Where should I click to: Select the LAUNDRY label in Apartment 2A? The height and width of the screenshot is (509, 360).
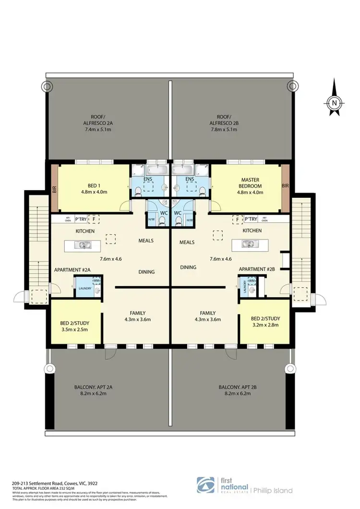tap(84, 289)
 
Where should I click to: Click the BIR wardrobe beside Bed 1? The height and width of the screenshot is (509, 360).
tap(54, 189)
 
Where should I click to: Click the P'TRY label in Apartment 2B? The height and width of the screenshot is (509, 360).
tap(251, 219)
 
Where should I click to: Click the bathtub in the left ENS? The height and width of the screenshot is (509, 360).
tap(155, 170)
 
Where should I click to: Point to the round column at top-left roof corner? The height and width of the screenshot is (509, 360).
tap(47, 86)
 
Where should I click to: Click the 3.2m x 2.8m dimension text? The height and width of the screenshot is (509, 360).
tap(264, 326)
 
